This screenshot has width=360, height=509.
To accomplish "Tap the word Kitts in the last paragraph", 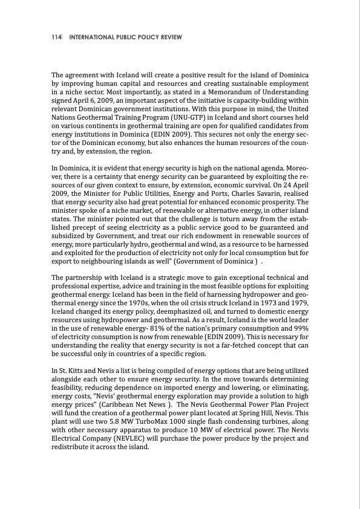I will coord(74,371).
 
